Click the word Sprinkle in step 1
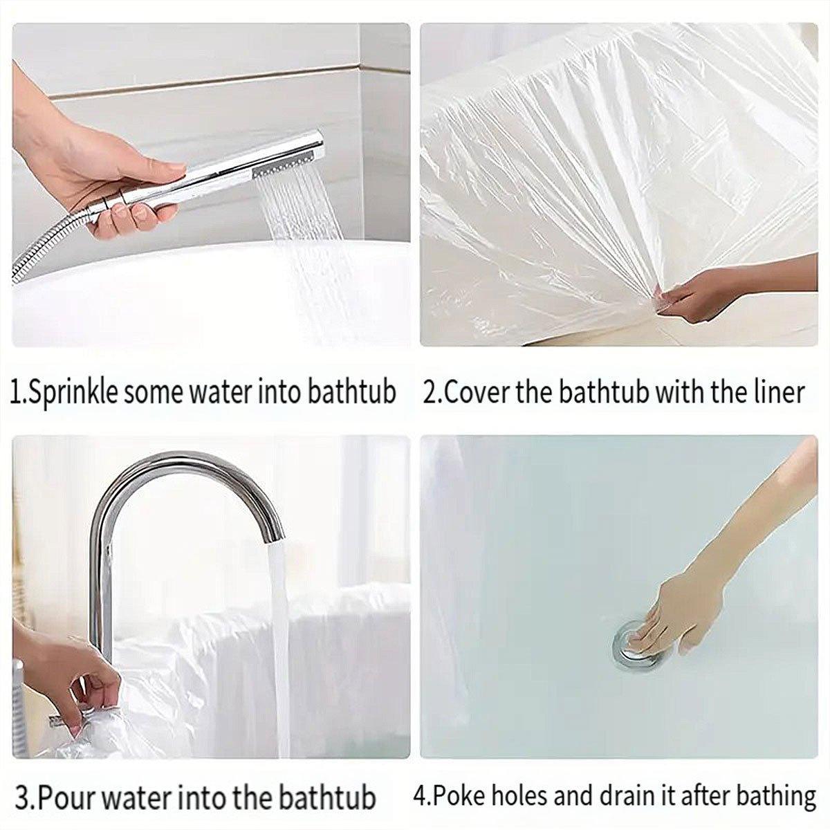pos(75,392)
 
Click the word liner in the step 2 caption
pos(780,392)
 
